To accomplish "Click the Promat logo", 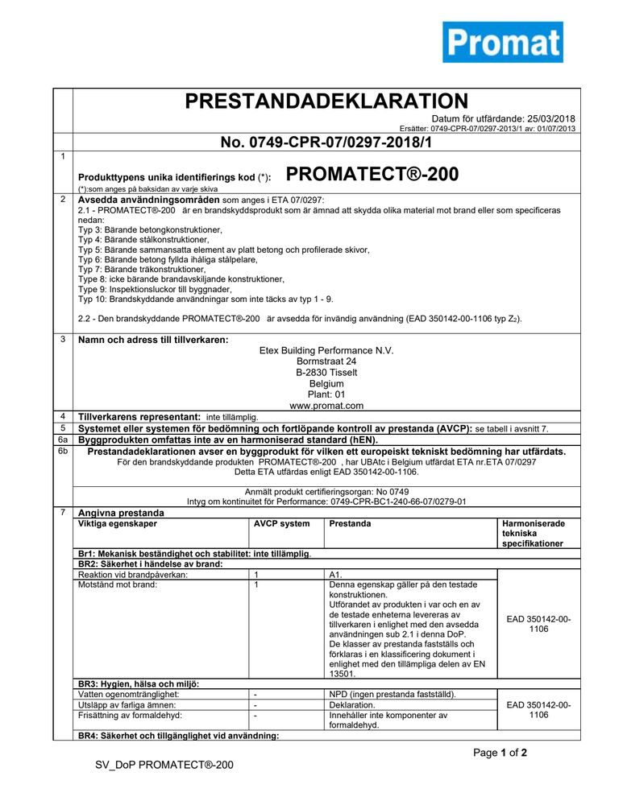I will point(502,42).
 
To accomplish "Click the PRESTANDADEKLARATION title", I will point(326,101).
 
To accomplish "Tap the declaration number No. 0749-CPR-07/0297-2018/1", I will point(326,142).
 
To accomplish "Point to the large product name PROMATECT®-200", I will point(372,174).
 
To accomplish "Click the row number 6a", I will point(62,440).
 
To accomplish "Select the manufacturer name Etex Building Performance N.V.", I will point(326,350).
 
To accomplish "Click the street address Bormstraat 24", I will point(326,361).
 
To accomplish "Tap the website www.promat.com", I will point(326,406).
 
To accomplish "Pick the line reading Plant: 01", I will point(326,394).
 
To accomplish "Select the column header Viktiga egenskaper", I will point(118,523).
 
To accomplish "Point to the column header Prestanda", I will point(351,523).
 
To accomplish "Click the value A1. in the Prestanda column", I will point(337,575).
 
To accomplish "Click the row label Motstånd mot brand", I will point(118,585).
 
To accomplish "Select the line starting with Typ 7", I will point(142,269).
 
